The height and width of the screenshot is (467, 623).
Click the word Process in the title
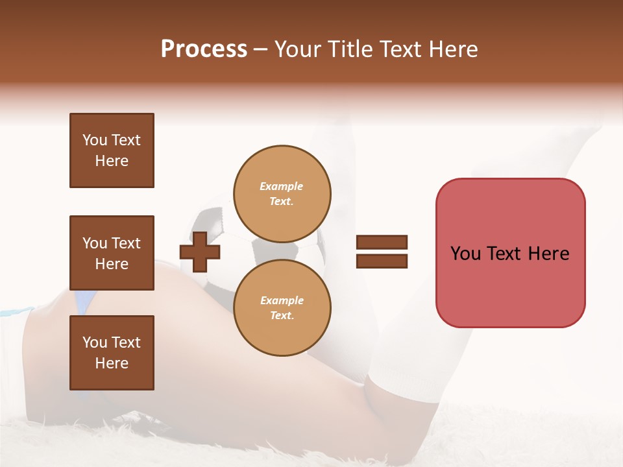(x=204, y=49)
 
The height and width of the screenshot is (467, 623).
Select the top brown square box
(x=112, y=150)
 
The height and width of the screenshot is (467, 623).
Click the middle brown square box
(x=112, y=253)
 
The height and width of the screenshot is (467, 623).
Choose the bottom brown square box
(x=112, y=353)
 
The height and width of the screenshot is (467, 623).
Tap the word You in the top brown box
(x=95, y=140)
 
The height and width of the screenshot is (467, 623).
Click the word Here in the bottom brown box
(x=112, y=363)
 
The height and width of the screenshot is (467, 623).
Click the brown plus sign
(x=199, y=252)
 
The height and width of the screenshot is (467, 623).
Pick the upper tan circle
(x=282, y=193)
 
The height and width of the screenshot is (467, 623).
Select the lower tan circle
(x=282, y=308)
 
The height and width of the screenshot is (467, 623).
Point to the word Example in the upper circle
(x=282, y=186)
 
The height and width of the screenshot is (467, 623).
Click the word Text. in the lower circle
(x=282, y=316)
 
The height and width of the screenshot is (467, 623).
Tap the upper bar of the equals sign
(x=382, y=243)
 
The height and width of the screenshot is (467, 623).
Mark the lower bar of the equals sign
(x=382, y=261)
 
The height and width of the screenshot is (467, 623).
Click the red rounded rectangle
(x=510, y=253)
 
